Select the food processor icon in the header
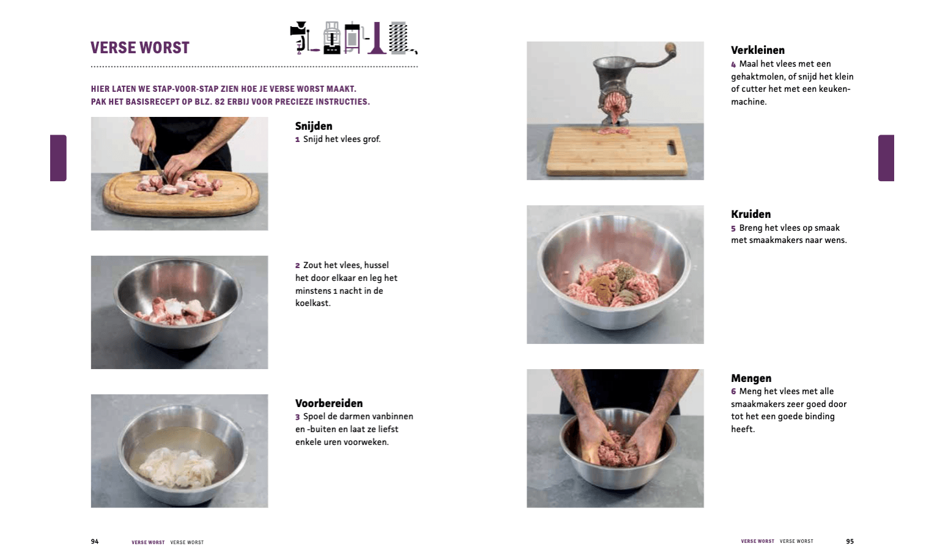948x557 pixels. (331, 38)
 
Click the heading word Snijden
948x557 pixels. (314, 126)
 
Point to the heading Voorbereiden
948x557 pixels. (329, 403)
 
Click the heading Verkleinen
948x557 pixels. (758, 50)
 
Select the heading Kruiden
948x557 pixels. (751, 214)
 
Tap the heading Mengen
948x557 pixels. (751, 378)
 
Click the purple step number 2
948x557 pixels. (297, 266)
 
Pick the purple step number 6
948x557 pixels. (733, 392)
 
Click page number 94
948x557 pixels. (95, 541)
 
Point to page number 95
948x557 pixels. (850, 541)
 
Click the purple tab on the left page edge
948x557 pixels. (58, 158)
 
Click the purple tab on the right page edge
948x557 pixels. (886, 158)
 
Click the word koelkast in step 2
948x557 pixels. (312, 303)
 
